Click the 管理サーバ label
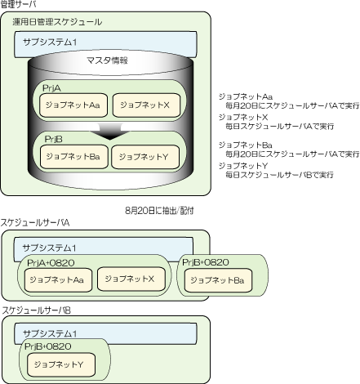pyautogui.click(x=18, y=4)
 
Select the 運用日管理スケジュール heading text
pyautogui.click(x=57, y=22)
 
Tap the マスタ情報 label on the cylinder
pyautogui.click(x=107, y=60)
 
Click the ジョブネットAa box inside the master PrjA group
pyautogui.click(x=73, y=105)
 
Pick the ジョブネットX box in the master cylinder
pyautogui.click(x=146, y=105)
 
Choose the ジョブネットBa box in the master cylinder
pyautogui.click(x=73, y=157)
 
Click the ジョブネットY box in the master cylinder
pyautogui.click(x=145, y=157)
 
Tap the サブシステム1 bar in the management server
pyautogui.click(x=105, y=44)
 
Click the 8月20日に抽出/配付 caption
pyautogui.click(x=159, y=211)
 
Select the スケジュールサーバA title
pyautogui.click(x=35, y=223)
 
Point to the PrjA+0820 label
pyautogui.click(x=51, y=263)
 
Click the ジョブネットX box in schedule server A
pyautogui.click(x=131, y=279)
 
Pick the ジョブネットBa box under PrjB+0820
pyautogui.click(x=218, y=280)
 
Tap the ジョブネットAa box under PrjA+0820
pyautogui.click(x=58, y=280)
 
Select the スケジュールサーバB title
pyautogui.click(x=37, y=310)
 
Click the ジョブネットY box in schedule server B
pyautogui.click(x=61, y=364)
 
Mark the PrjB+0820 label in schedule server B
pyautogui.click(x=48, y=346)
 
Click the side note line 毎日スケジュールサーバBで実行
pyautogui.click(x=279, y=175)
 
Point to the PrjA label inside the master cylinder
pyautogui.click(x=51, y=88)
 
